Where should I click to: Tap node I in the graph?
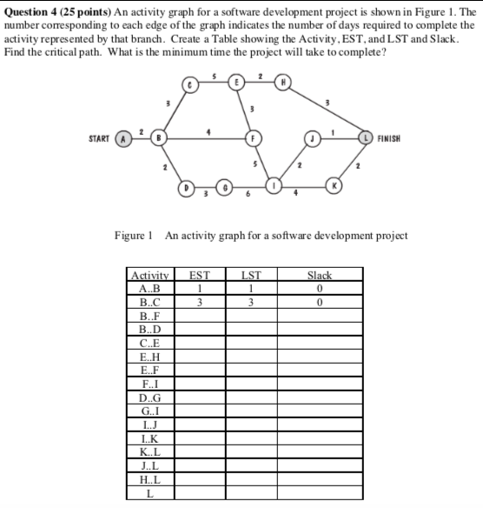click(275, 187)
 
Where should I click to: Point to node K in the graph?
click(332, 187)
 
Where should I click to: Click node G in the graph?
click(223, 187)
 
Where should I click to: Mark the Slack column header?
click(320, 276)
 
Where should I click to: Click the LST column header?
click(249, 276)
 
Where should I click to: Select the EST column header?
click(199, 276)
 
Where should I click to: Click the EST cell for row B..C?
click(199, 303)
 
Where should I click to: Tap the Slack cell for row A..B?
click(320, 289)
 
